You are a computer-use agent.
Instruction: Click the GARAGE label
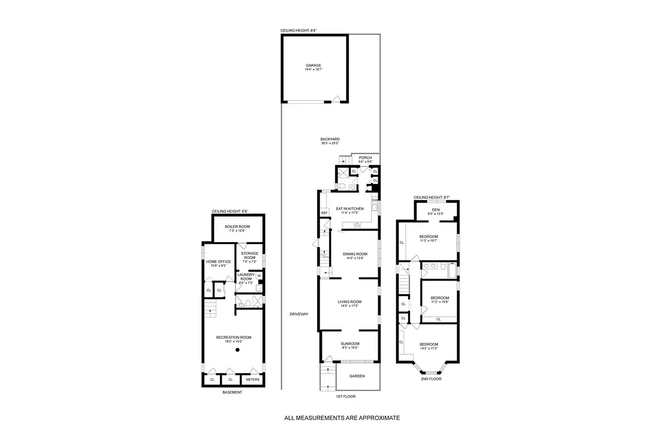(314, 65)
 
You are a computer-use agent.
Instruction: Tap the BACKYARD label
(330, 139)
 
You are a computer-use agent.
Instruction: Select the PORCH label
(365, 158)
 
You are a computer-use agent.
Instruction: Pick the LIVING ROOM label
(350, 302)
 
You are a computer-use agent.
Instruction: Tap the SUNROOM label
(350, 343)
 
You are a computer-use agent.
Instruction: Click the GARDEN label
(357, 376)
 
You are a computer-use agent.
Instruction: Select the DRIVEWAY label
(298, 314)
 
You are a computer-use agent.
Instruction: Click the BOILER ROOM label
(237, 227)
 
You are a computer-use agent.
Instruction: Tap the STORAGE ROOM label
(250, 255)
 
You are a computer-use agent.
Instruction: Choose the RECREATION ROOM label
(234, 337)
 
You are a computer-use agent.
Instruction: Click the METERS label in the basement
(252, 379)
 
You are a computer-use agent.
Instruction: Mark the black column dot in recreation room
(238, 349)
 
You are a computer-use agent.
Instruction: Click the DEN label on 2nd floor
(436, 209)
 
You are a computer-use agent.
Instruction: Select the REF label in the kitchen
(324, 212)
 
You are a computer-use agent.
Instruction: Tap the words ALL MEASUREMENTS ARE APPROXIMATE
(342, 418)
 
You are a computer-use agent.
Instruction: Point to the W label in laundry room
(259, 276)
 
